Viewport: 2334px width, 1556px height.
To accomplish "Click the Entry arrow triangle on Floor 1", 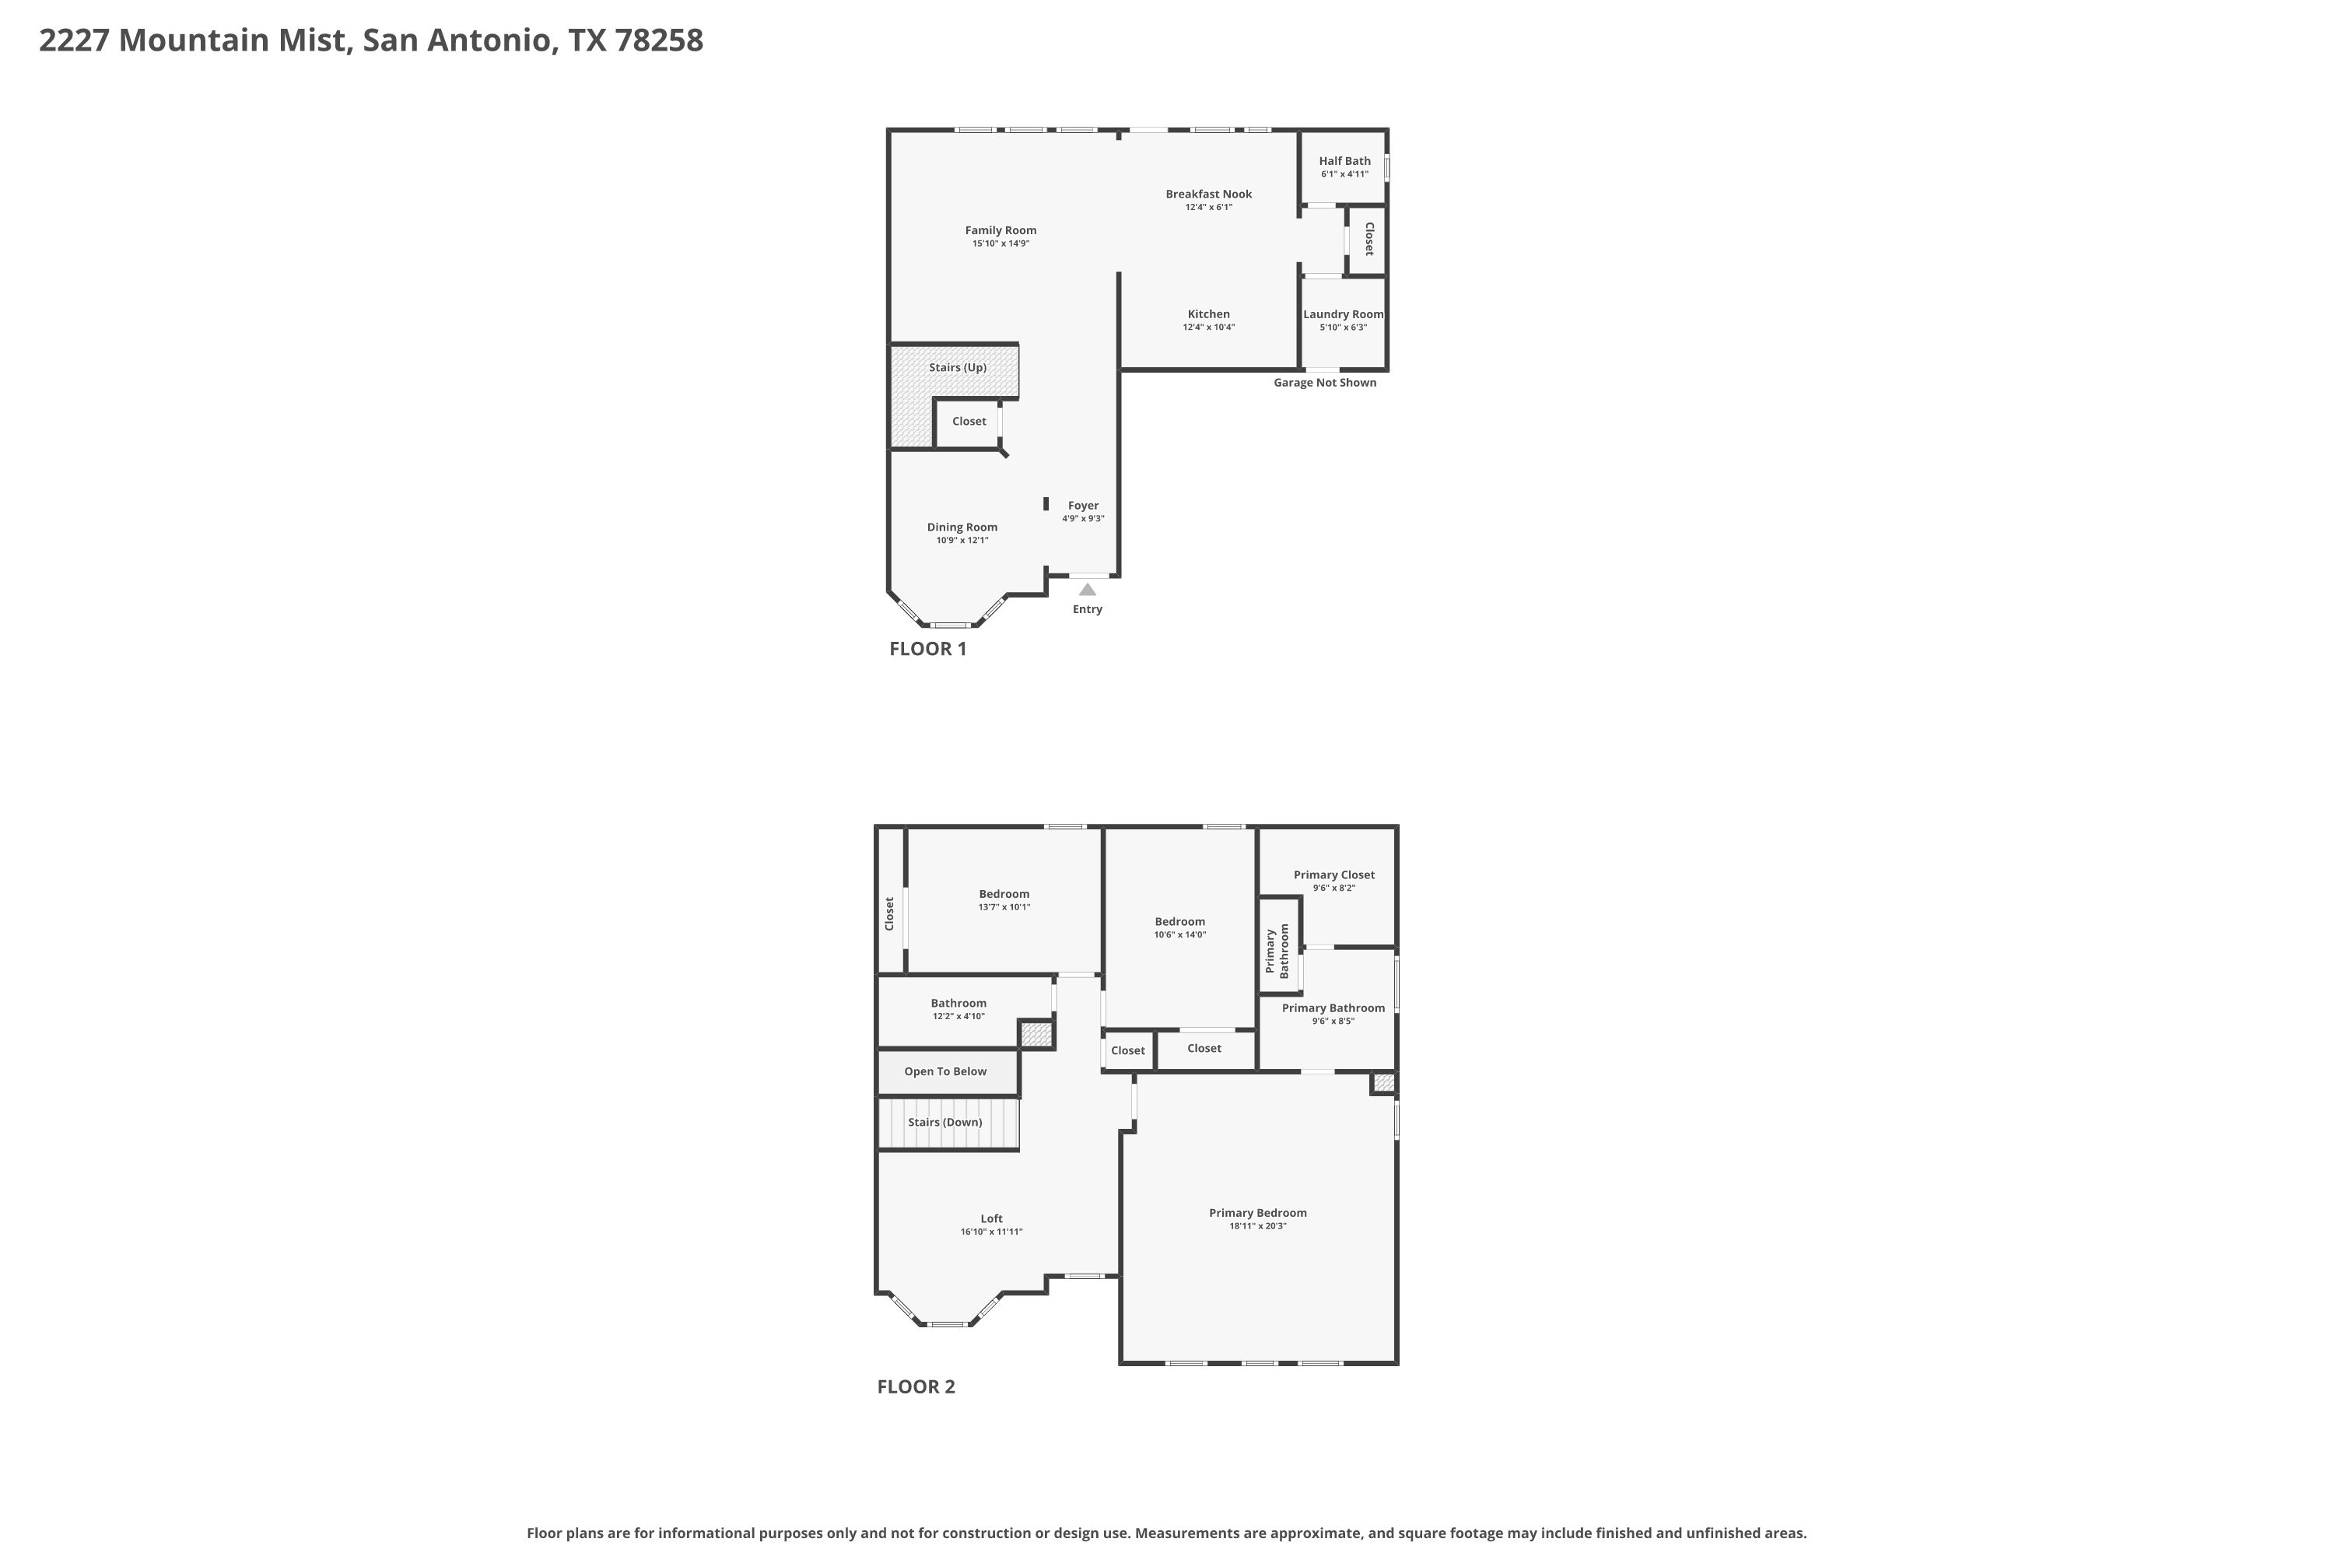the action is (1088, 590).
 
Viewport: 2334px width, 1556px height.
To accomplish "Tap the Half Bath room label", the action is (1344, 161).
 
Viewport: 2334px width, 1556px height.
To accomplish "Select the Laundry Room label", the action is (1343, 314).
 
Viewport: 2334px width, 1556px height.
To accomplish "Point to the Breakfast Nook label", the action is (1209, 194).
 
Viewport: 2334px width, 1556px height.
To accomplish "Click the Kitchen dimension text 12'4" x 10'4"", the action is (1209, 328).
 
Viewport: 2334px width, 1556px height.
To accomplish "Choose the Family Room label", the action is (1001, 230).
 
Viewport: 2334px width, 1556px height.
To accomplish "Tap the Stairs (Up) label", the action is (958, 367).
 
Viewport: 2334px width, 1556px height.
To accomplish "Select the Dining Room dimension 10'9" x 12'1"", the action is (962, 541).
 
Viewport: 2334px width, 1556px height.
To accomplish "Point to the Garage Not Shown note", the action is (1325, 383).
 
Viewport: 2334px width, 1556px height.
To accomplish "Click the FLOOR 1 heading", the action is (928, 649).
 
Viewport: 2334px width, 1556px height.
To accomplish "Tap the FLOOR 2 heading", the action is (916, 1387).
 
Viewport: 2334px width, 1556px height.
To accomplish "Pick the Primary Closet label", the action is (1333, 875).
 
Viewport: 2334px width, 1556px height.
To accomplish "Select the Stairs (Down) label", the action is (944, 1123).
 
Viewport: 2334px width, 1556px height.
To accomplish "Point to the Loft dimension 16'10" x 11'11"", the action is (991, 1232).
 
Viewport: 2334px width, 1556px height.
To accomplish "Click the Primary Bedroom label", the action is (1257, 1213).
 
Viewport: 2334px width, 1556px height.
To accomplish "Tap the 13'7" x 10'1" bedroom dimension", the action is (1004, 907).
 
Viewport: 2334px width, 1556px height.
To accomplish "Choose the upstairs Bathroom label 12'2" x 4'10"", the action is (958, 1004).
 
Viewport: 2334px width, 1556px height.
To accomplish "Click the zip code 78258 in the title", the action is (659, 40).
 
